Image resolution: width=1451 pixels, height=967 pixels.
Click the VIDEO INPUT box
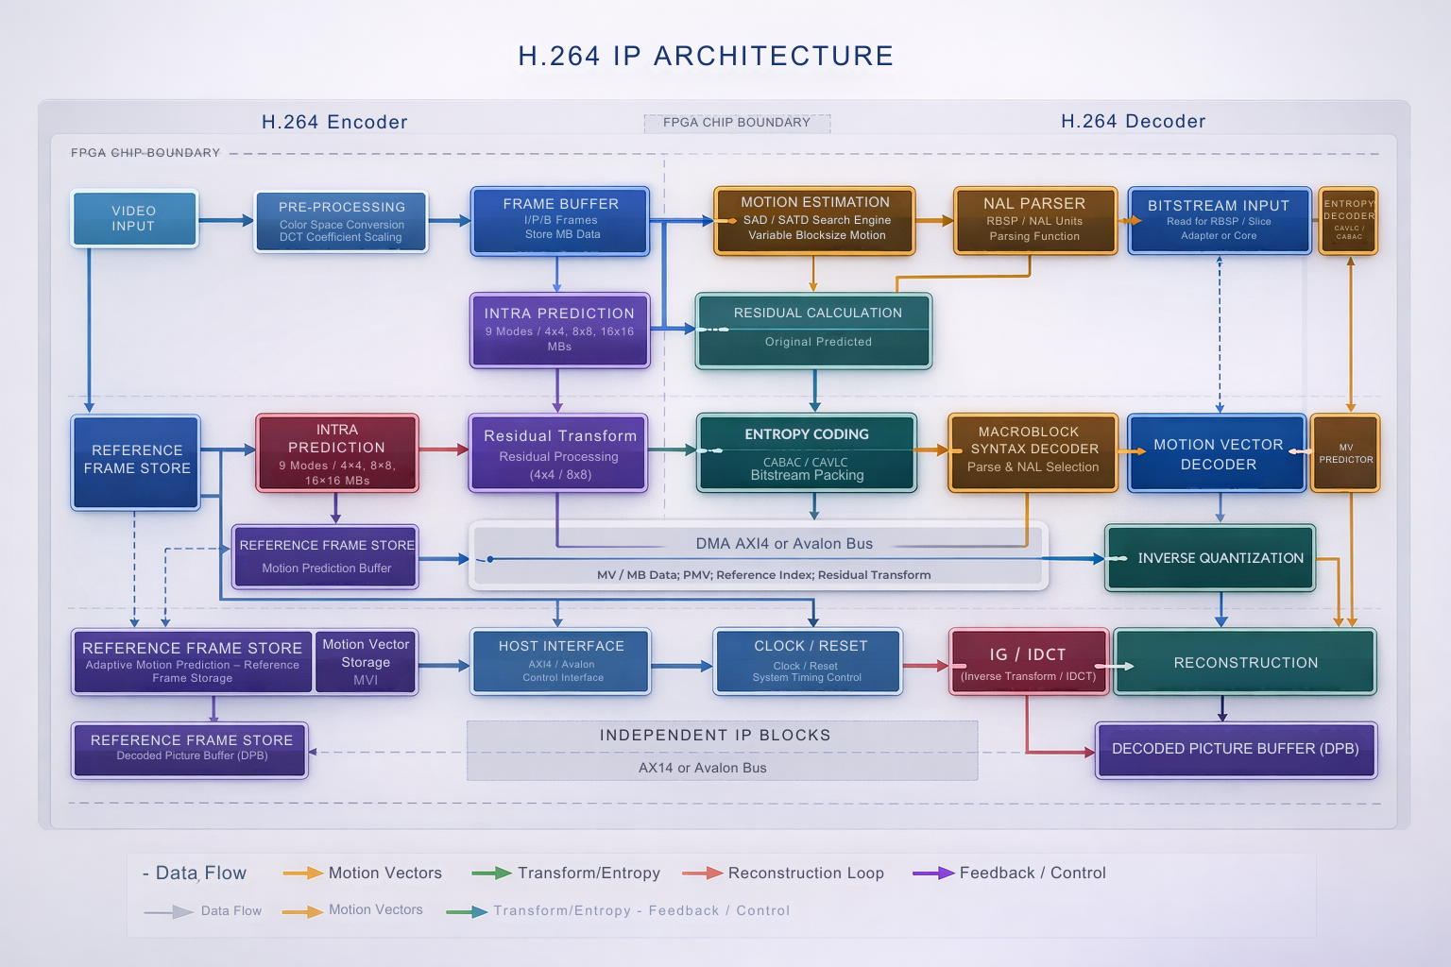[x=134, y=219]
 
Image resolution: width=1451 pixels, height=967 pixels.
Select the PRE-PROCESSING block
[x=341, y=222]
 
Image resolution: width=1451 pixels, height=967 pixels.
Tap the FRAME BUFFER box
[x=560, y=221]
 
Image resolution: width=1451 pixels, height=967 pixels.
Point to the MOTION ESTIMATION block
[x=814, y=221]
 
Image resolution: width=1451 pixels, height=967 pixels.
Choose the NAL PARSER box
[x=1034, y=221]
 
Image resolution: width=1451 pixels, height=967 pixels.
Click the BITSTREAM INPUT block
[x=1219, y=221]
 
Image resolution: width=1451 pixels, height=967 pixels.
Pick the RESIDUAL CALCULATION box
[x=814, y=331]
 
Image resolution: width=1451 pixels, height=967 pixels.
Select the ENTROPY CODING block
[x=807, y=453]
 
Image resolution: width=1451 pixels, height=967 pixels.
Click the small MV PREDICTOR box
[x=1345, y=453]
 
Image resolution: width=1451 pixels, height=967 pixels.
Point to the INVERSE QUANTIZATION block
[x=1210, y=558]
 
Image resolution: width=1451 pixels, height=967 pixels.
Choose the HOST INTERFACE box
[x=561, y=662]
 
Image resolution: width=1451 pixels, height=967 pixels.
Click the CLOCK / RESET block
[x=808, y=662]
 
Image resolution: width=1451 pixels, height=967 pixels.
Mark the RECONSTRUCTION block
[x=1245, y=663]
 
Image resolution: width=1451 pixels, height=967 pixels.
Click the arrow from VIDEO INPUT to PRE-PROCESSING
[x=226, y=221]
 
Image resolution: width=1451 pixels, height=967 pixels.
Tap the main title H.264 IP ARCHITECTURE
[x=706, y=56]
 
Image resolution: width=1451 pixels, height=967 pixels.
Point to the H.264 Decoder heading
[x=1133, y=121]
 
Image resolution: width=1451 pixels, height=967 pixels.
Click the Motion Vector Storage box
[x=366, y=662]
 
